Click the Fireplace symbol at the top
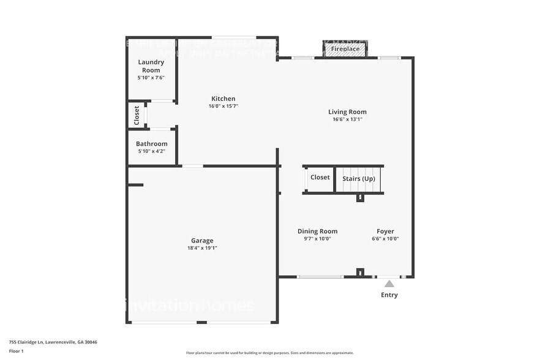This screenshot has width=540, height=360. coord(345,49)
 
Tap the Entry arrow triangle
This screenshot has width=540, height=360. coord(389,283)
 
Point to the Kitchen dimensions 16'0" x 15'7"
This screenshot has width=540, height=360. coord(223,106)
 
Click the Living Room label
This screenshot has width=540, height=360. coord(347,111)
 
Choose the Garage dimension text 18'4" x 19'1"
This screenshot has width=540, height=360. coord(202,248)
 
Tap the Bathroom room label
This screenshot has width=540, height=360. coord(151,144)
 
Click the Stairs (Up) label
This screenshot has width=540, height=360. coord(359,178)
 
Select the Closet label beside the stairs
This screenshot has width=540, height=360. coord(320,178)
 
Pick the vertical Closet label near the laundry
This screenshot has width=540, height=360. coord(137,115)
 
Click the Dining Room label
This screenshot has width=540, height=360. coord(317,231)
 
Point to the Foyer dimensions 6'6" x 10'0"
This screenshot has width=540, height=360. coord(385,239)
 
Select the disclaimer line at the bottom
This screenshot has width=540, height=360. coord(269,353)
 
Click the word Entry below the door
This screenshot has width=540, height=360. coord(389,295)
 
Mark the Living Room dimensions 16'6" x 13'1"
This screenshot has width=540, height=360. coord(347,119)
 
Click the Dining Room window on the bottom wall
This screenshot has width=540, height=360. coord(320,277)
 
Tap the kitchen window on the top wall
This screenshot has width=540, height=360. coord(233,37)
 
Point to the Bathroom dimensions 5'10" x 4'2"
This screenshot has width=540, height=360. coord(151,151)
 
